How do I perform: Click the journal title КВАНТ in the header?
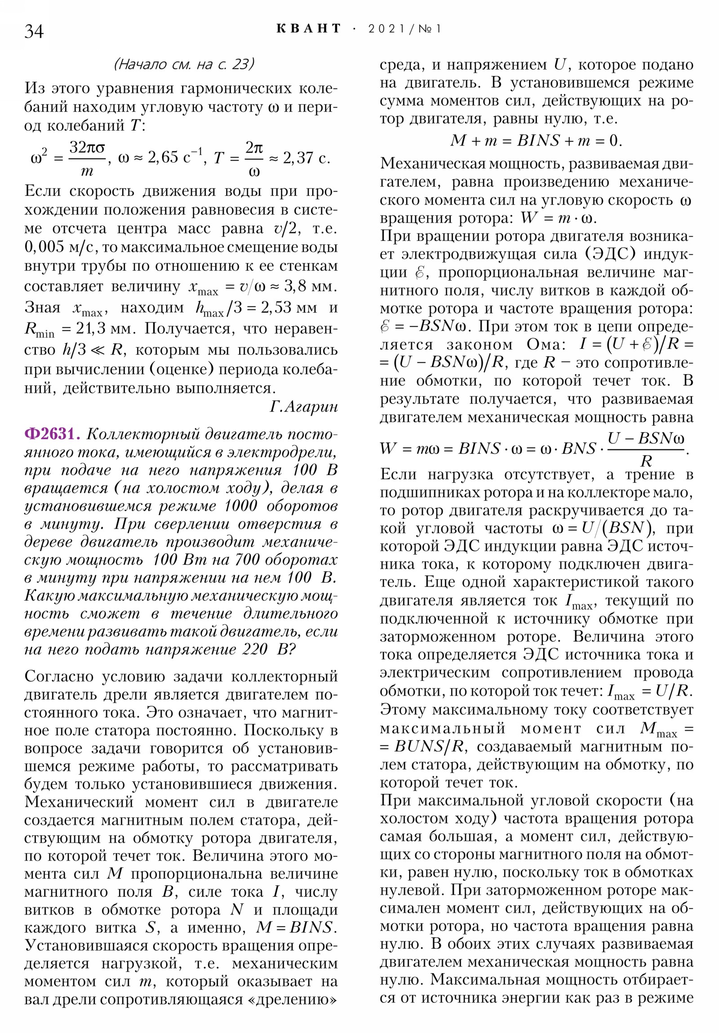(x=309, y=29)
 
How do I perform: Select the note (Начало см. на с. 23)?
(x=184, y=64)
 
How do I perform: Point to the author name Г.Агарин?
(x=304, y=407)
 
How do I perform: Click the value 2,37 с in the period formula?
(x=306, y=158)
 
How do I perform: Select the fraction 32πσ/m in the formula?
(x=87, y=158)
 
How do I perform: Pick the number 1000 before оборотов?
(x=241, y=506)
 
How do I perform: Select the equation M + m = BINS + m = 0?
(x=536, y=141)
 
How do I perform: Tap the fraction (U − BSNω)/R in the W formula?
(x=646, y=449)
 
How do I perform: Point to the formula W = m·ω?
(x=558, y=218)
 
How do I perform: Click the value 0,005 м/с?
(x=62, y=247)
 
